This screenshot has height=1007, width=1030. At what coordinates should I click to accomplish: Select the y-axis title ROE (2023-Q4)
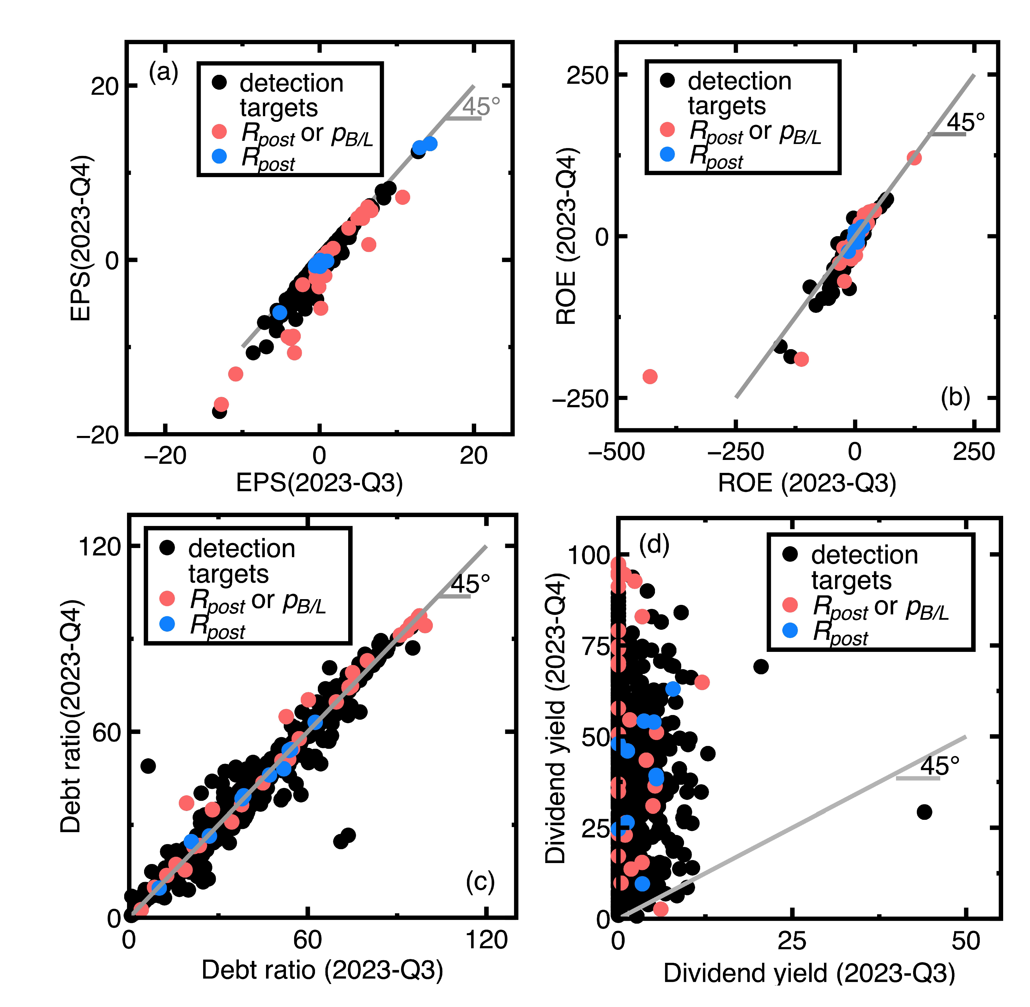click(566, 236)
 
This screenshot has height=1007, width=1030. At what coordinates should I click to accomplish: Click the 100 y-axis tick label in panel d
click(589, 555)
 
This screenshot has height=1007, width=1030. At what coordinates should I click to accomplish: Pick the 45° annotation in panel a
click(481, 106)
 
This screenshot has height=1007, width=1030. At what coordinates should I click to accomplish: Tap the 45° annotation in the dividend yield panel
click(940, 765)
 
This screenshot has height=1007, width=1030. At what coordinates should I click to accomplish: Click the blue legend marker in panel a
click(219, 156)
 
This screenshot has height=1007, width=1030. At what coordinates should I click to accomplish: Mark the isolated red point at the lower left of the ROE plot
click(650, 377)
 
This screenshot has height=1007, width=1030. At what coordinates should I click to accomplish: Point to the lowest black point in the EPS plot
click(219, 411)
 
